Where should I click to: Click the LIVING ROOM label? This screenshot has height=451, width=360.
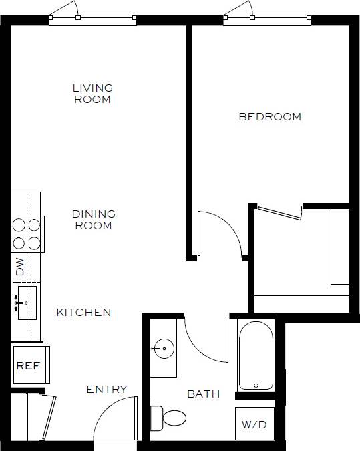[92, 94]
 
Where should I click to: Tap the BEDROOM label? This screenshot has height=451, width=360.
[270, 117]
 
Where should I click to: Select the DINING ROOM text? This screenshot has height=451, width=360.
[94, 220]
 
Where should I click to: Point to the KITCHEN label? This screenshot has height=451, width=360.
[83, 312]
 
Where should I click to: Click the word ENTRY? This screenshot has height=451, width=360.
[107, 390]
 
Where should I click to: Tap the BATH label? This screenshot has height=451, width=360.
[203, 394]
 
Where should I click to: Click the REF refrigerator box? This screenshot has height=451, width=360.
[27, 365]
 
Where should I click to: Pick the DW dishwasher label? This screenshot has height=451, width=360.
[20, 267]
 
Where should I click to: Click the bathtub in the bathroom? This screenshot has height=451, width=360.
[256, 356]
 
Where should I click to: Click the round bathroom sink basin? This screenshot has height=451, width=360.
[163, 348]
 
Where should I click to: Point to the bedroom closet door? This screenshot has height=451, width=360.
[279, 212]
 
